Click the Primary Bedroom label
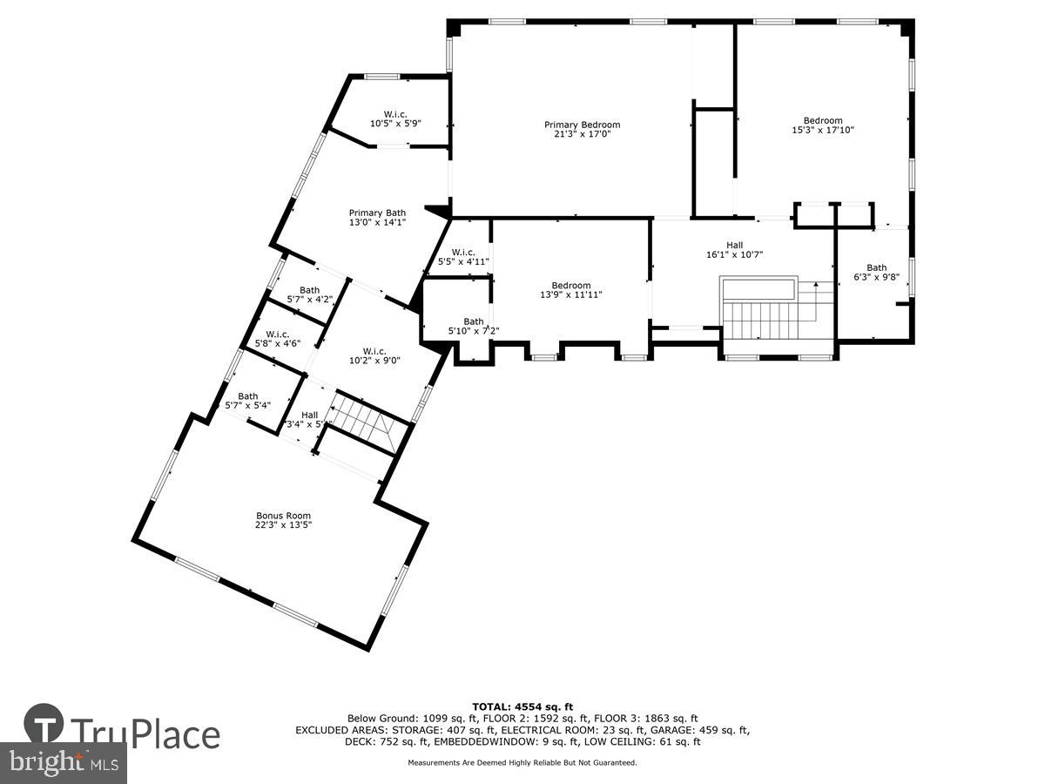582,125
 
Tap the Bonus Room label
283,516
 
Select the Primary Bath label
377,213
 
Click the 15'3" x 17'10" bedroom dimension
822,131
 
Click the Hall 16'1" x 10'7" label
735,250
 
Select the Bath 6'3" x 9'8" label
876,274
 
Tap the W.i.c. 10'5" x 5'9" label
395,118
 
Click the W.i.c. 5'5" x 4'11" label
463,256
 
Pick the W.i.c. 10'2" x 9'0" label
374,356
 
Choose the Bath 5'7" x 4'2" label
309,294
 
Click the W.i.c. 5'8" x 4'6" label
278,338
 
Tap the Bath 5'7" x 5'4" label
248,401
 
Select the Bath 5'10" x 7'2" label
473,326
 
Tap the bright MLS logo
63,763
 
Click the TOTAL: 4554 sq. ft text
522,706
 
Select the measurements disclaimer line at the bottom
522,762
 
